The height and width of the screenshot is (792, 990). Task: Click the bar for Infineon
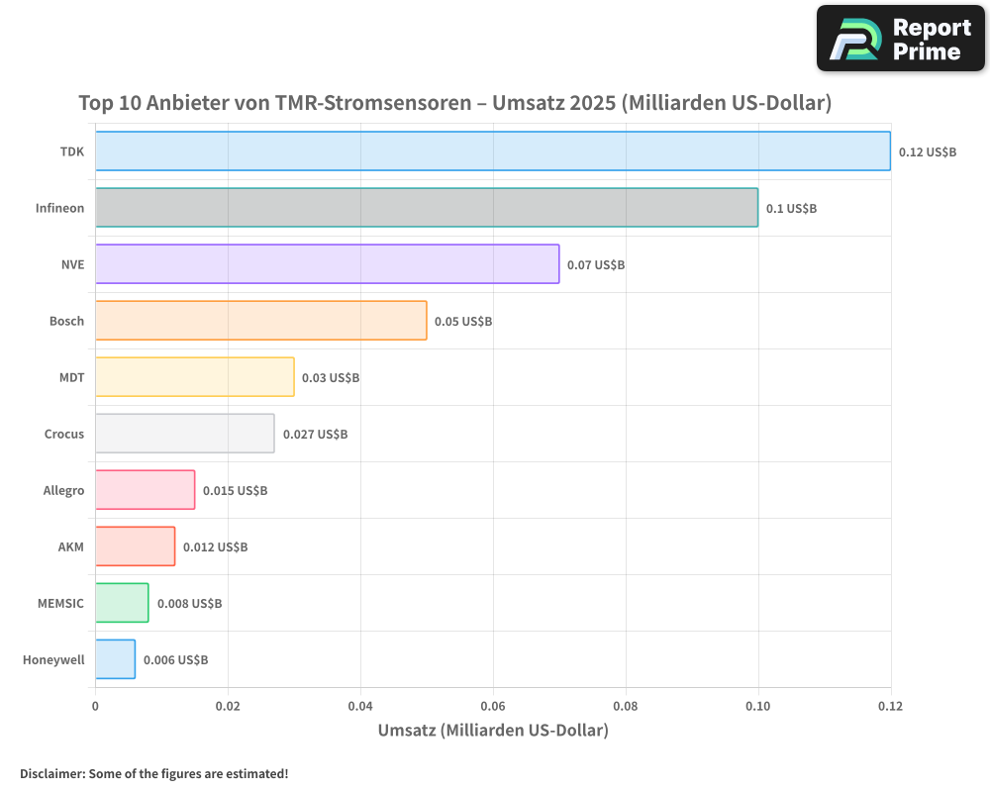click(x=426, y=208)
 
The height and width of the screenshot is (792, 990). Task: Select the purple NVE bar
click(x=327, y=264)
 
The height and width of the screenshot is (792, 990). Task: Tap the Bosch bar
click(x=260, y=321)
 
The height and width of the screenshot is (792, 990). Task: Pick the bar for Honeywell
click(x=115, y=659)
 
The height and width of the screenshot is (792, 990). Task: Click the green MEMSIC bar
click(x=122, y=603)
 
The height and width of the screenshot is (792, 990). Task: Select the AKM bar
click(x=135, y=546)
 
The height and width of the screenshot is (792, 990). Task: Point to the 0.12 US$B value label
click(x=928, y=151)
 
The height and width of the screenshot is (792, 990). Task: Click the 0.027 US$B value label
click(x=315, y=434)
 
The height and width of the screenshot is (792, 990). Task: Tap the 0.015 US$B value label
click(x=235, y=490)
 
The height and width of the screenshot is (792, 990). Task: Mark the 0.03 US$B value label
click(x=331, y=377)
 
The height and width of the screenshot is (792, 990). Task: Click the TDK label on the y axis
click(x=71, y=151)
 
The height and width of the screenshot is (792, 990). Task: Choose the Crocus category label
click(x=64, y=434)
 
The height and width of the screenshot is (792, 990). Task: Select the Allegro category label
click(x=63, y=490)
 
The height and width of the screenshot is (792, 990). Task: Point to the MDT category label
click(x=71, y=377)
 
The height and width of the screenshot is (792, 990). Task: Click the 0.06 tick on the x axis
click(x=493, y=706)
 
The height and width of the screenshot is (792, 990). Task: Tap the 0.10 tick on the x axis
click(x=758, y=706)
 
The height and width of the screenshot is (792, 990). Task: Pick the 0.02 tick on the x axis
click(x=228, y=706)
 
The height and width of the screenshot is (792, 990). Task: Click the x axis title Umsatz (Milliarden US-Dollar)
click(x=493, y=731)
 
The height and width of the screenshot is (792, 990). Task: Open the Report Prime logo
click(x=901, y=39)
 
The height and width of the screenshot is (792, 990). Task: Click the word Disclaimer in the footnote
click(x=50, y=773)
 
